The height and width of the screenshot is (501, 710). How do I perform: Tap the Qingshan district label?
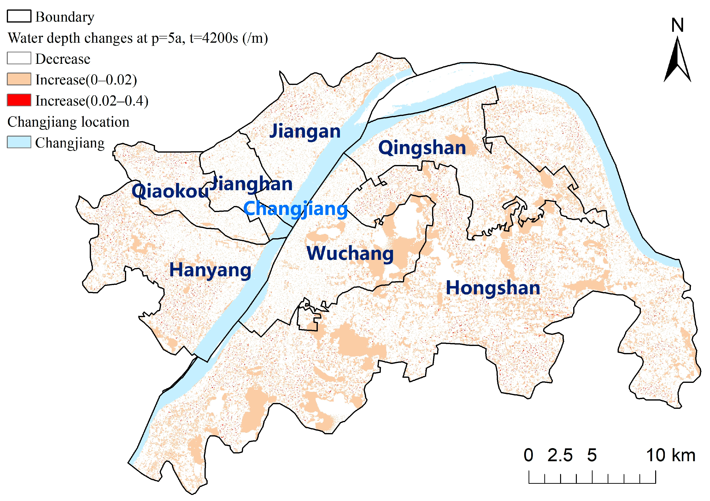[422, 148]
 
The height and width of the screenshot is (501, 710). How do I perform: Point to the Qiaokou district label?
[170, 191]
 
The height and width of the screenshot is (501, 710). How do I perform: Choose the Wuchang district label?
[350, 254]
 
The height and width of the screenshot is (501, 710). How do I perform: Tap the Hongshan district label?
[493, 288]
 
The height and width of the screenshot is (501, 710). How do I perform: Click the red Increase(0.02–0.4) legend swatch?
[19, 100]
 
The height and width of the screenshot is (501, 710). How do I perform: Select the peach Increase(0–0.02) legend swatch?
[19, 79]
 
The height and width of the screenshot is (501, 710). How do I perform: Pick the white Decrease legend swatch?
[19, 58]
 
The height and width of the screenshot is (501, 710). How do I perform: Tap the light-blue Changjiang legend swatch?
[19, 142]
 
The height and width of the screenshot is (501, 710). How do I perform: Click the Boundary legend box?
[19, 16]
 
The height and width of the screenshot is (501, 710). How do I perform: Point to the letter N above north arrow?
[677, 25]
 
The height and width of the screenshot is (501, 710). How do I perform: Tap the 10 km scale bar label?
[670, 456]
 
